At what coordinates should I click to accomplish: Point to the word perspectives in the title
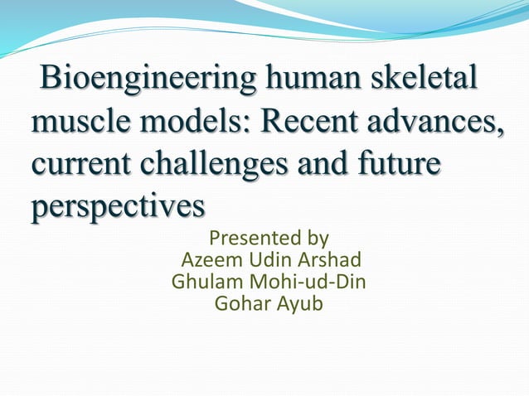click(x=117, y=205)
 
